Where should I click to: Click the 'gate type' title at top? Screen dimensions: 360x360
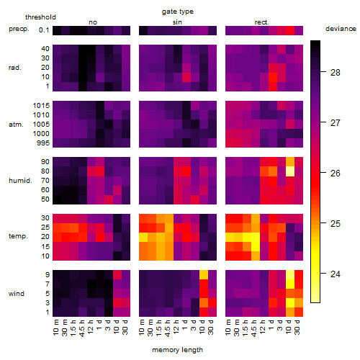[178, 12]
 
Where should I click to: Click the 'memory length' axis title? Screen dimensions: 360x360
[178, 350]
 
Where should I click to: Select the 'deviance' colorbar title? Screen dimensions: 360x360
[341, 29]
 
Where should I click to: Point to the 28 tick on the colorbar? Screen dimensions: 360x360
[323, 71]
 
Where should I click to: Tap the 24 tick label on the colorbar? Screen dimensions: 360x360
[336, 274]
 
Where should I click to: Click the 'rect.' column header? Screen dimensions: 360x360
[262, 22]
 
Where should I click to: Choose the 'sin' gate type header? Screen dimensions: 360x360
[177, 22]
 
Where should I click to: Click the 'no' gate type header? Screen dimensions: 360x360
[93, 22]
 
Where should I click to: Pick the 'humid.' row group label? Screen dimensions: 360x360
[20, 181]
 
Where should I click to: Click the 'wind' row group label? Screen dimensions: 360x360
[17, 294]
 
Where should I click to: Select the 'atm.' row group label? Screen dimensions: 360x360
[16, 125]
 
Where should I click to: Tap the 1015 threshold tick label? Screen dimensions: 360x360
[41, 105]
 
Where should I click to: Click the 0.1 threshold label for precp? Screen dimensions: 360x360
[44, 30]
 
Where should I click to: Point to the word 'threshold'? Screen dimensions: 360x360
[40, 17]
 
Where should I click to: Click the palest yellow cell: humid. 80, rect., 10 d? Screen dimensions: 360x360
[290, 171]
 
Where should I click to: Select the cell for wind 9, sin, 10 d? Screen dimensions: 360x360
[204, 275]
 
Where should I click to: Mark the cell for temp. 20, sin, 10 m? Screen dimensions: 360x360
[143, 238]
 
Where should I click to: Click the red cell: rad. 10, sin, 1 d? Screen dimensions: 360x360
[186, 77]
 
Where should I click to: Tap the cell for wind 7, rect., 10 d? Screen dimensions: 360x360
[290, 284]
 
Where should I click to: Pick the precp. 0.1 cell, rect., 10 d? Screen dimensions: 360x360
[290, 30]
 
